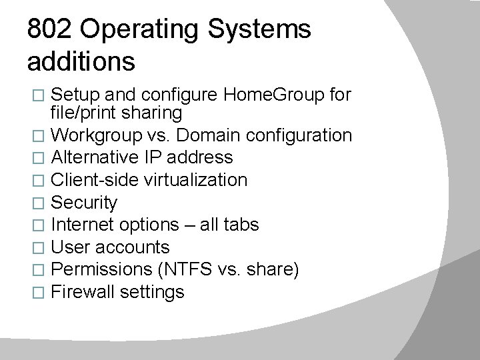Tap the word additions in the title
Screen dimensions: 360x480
point(81,62)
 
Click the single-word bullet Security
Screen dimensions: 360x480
point(84,203)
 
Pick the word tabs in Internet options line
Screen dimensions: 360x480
point(241,225)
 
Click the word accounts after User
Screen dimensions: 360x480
point(133,247)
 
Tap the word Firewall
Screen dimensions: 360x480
point(83,292)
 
